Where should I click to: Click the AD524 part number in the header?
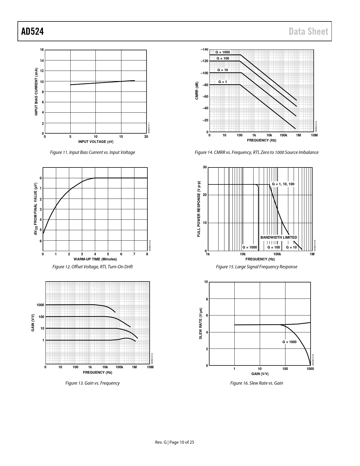point(32,31)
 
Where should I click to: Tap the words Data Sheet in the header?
point(308,31)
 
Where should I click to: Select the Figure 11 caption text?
point(92,153)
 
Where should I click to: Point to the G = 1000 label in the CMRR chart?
point(222,52)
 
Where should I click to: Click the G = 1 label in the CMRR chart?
point(222,82)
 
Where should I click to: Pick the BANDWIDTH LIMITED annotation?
point(278,238)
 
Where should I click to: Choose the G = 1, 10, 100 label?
point(283,184)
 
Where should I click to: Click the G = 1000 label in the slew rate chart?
point(289,342)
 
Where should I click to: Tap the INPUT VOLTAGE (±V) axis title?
point(96,142)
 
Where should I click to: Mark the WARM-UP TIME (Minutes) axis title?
point(95,259)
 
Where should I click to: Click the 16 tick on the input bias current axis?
point(42,50)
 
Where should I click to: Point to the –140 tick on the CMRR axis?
point(204,50)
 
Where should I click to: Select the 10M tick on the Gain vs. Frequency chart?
point(150,367)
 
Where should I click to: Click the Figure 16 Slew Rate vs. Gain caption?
point(256,383)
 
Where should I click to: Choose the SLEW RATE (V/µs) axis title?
point(201,323)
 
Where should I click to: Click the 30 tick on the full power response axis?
point(205,167)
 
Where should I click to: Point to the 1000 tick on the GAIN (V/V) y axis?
point(40,305)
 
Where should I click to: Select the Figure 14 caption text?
point(256,153)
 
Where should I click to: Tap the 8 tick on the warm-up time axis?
point(147,254)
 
